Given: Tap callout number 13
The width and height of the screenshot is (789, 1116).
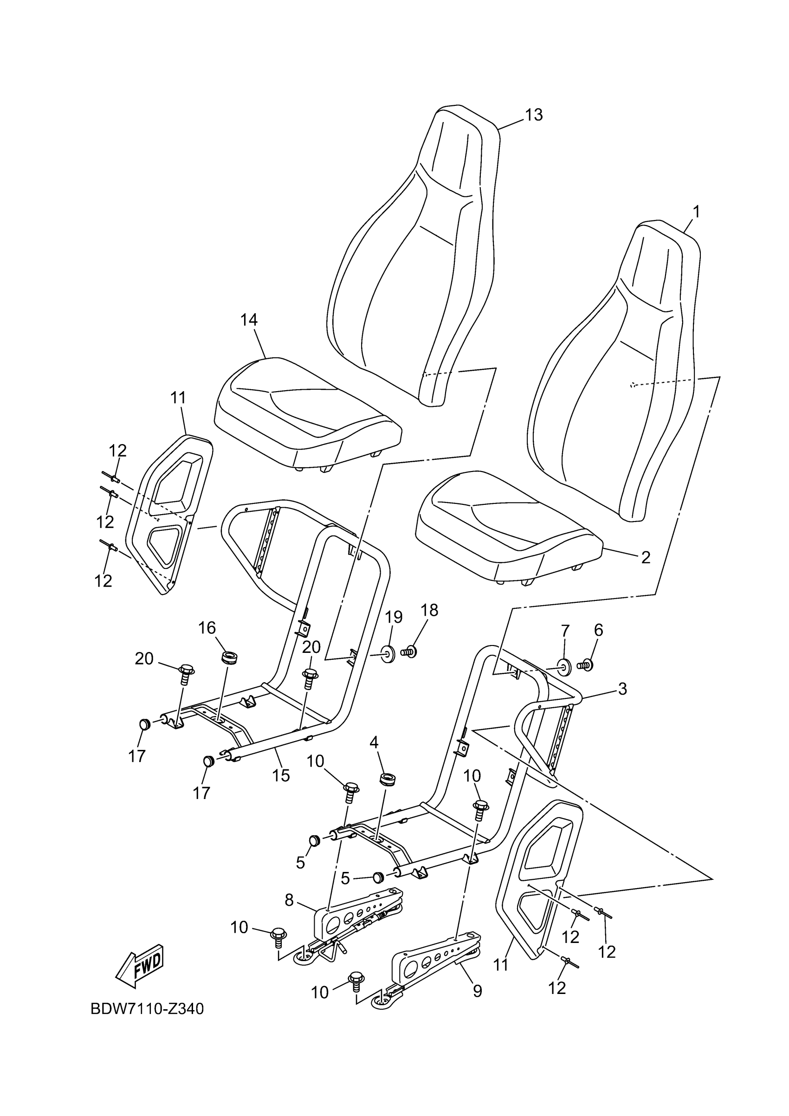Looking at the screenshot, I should (x=533, y=115).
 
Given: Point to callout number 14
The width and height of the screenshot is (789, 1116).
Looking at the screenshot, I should (x=249, y=320).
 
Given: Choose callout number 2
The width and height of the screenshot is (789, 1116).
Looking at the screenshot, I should (x=646, y=557).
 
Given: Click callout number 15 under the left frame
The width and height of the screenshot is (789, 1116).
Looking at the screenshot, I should (x=281, y=775).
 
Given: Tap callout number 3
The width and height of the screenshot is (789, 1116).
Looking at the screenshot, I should (x=622, y=689).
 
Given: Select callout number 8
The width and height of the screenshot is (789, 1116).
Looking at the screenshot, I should (x=289, y=900).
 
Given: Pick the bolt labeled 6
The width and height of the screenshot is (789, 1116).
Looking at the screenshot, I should (x=585, y=664).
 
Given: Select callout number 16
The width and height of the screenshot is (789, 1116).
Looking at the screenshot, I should (x=207, y=628).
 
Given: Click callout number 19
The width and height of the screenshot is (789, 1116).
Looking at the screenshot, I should (x=394, y=617).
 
